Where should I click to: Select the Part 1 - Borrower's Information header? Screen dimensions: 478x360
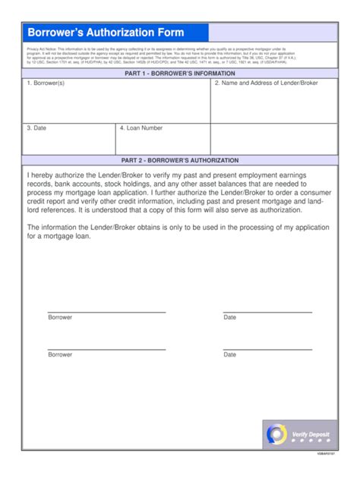(179, 74)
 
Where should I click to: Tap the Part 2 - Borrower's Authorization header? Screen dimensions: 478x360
(179, 161)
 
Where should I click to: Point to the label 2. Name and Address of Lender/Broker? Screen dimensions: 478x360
(266, 83)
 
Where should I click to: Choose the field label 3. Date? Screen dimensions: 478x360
(36, 128)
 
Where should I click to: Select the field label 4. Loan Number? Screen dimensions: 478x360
(141, 128)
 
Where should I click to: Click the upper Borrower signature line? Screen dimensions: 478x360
(106, 312)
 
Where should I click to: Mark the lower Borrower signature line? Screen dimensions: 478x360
(106, 349)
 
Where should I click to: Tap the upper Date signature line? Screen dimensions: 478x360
(267, 312)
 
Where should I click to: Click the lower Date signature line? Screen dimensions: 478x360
(267, 349)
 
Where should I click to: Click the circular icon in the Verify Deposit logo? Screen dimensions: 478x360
(276, 434)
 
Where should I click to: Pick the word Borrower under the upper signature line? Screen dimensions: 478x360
(60, 318)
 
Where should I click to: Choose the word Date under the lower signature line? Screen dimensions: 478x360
(229, 355)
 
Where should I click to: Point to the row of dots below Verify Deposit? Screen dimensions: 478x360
(311, 441)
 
